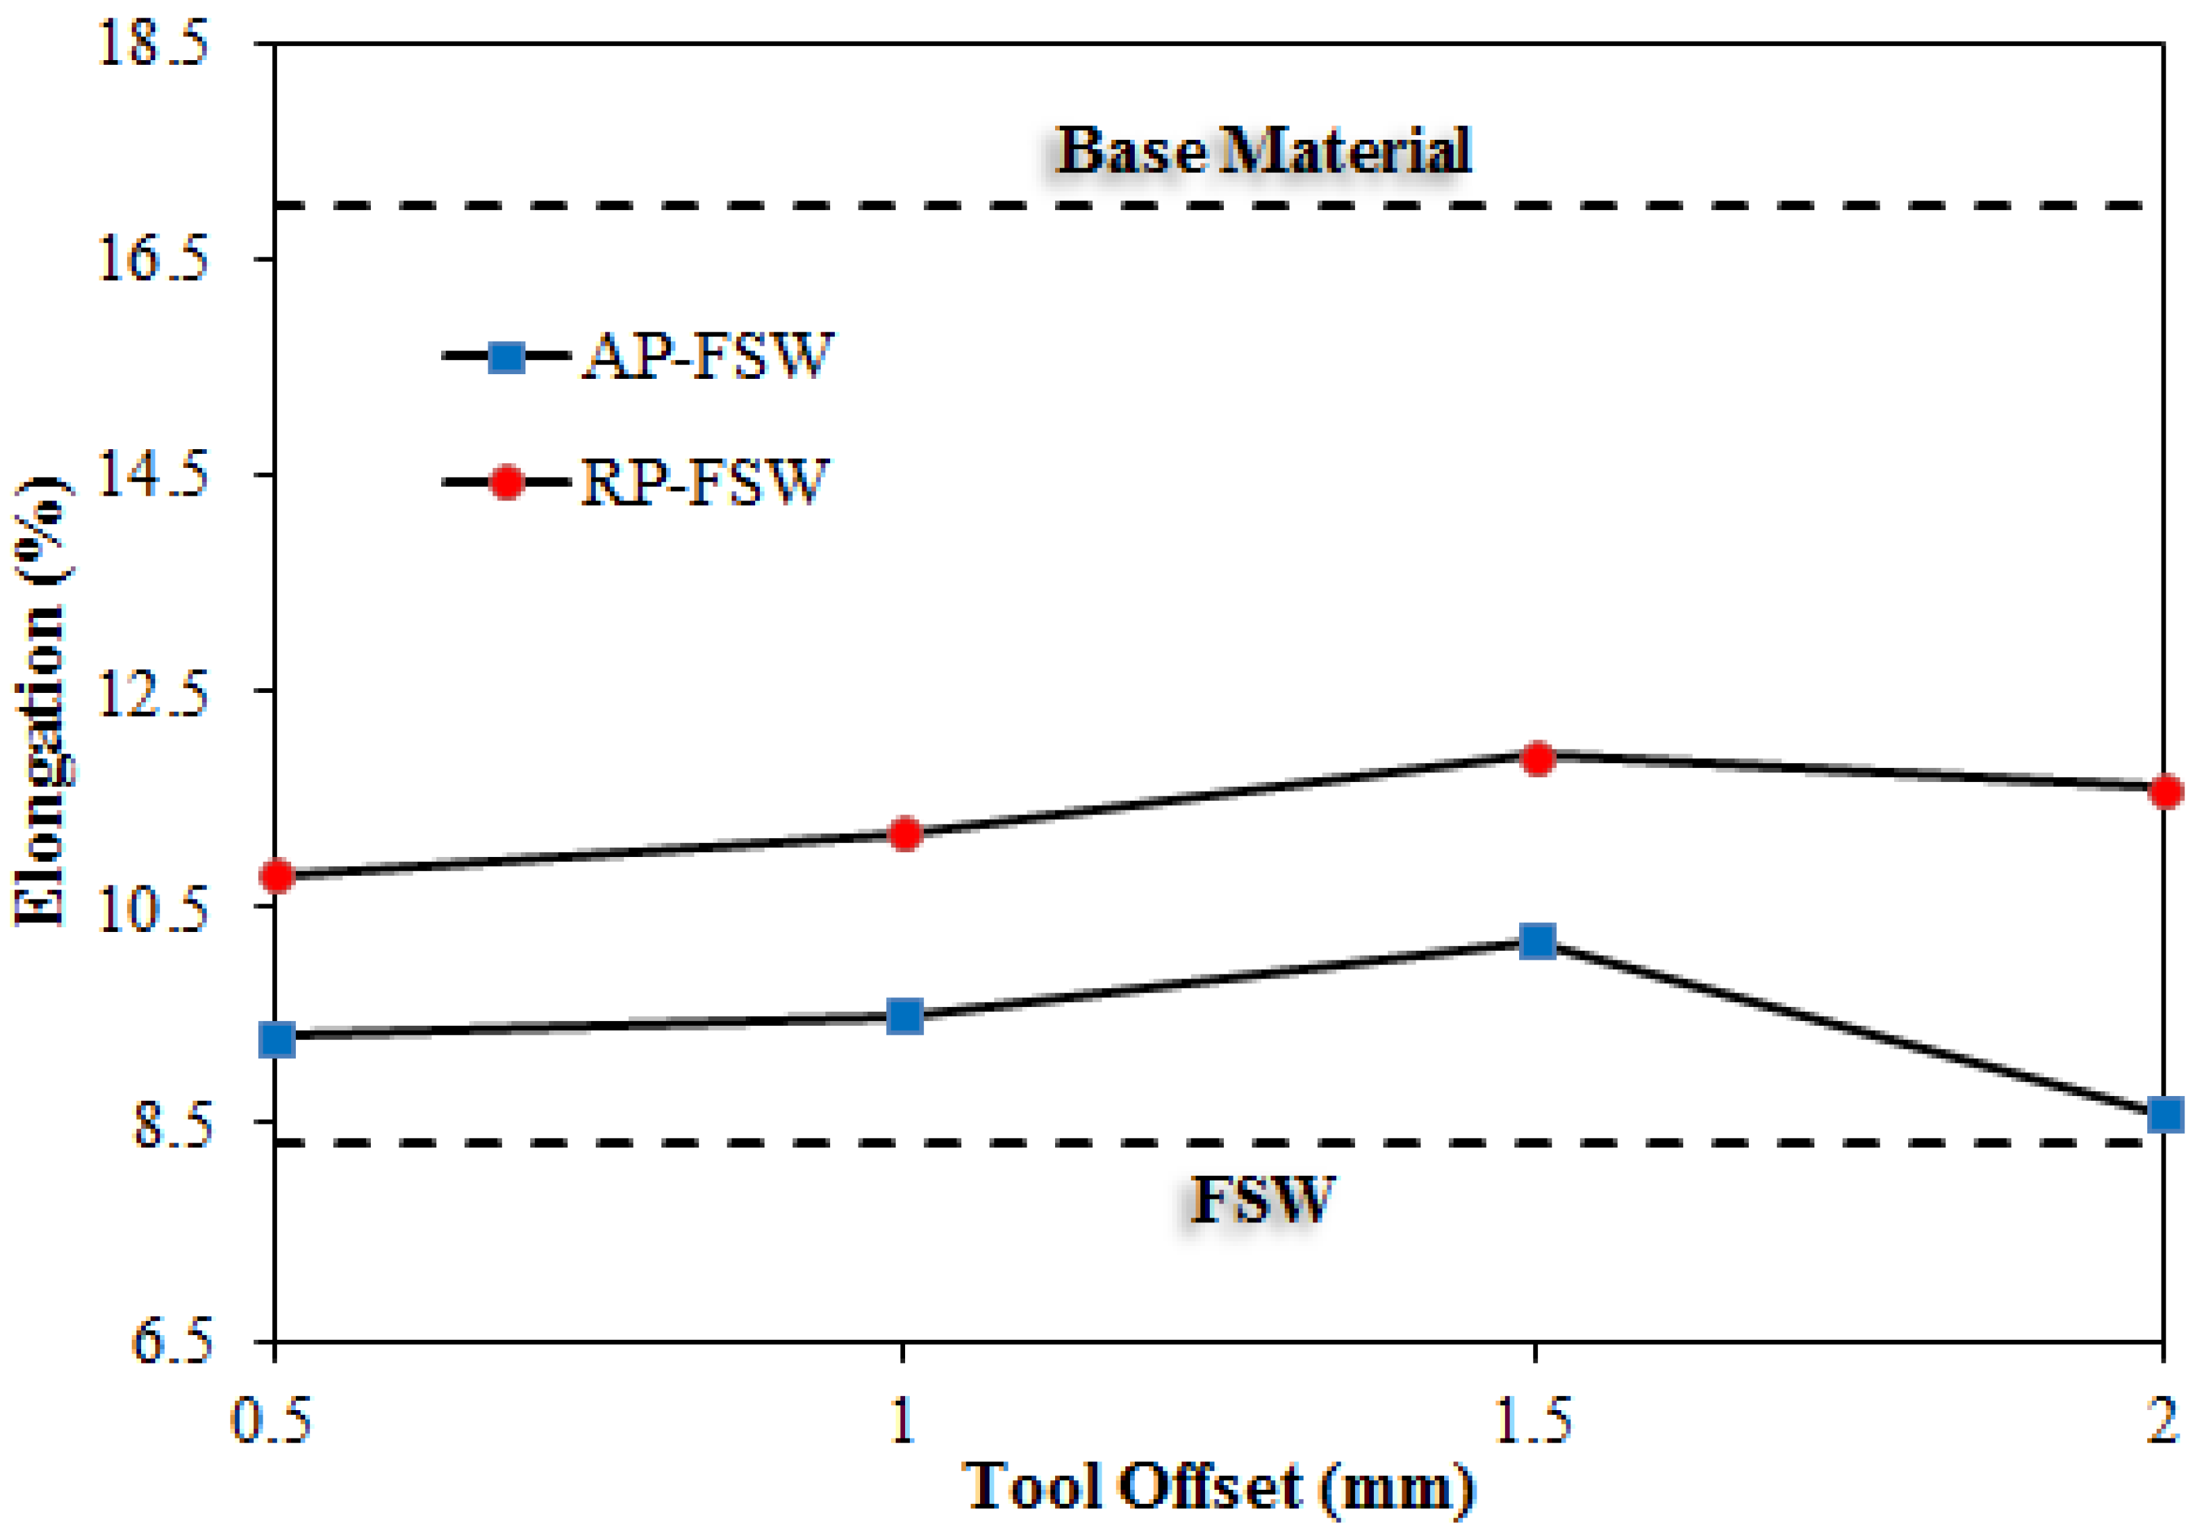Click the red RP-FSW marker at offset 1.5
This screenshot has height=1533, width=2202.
1537,758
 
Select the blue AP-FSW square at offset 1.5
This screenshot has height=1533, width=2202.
1537,941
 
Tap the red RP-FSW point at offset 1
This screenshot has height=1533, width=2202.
904,833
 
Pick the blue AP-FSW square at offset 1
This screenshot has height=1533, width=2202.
904,1015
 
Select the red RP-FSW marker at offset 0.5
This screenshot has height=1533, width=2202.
277,875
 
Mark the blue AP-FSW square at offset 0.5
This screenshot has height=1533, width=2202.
277,1038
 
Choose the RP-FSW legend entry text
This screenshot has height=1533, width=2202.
703,482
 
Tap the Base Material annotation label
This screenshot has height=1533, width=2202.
1263,151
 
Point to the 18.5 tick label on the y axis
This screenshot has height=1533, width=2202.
153,44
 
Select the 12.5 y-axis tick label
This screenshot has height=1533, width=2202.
153,692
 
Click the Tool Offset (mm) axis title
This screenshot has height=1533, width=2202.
1218,1487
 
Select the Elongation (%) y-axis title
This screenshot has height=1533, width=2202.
41,700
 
